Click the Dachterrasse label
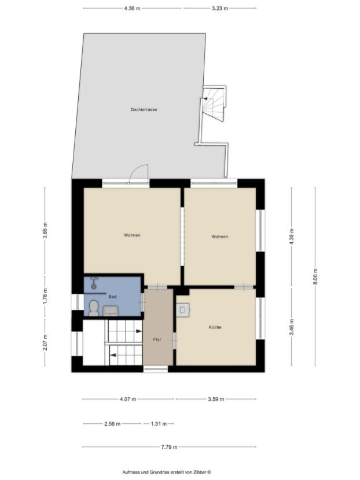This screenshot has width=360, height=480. click(144, 109)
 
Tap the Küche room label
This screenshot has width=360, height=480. click(215, 327)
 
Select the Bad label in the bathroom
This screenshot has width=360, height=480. click(112, 297)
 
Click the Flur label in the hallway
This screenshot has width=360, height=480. click(156, 339)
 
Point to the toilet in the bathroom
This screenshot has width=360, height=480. click(94, 307)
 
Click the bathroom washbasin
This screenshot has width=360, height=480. click(111, 311)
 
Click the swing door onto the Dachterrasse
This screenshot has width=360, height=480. click(139, 174)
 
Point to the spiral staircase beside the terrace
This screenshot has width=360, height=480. click(212, 104)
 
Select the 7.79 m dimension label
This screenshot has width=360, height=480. click(169, 447)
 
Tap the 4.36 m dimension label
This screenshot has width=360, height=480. click(132, 9)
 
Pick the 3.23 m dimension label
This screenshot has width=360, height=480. click(220, 9)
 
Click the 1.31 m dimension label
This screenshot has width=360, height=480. click(159, 424)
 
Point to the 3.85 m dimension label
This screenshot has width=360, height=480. click(45, 230)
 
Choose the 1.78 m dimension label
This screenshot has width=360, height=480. click(45, 294)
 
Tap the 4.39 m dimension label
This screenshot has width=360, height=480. click(291, 237)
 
